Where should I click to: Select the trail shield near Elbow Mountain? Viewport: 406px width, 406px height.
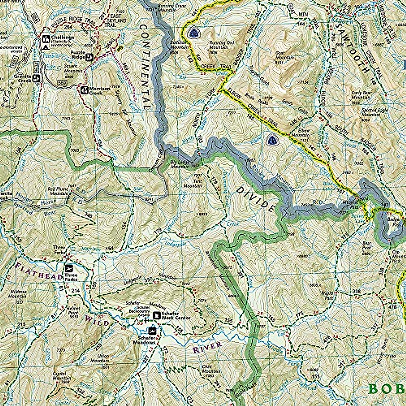pos(271,139)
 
